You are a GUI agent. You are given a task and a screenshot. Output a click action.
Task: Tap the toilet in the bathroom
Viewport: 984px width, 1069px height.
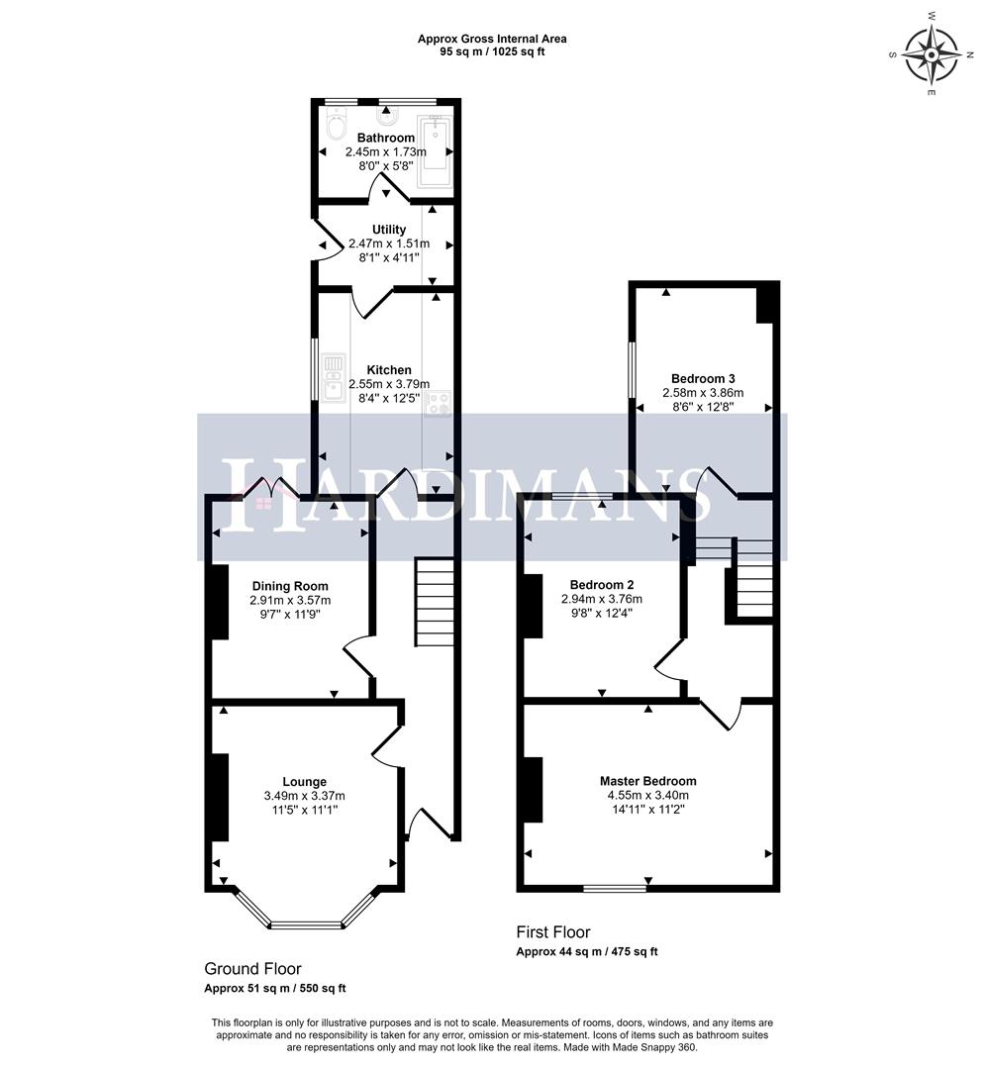[x=335, y=128]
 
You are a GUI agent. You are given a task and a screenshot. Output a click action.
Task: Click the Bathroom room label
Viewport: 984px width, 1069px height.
[x=385, y=138]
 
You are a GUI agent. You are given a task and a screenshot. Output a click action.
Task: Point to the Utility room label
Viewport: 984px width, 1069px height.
[x=388, y=230]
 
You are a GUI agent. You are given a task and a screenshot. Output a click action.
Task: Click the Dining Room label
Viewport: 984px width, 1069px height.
[x=289, y=586]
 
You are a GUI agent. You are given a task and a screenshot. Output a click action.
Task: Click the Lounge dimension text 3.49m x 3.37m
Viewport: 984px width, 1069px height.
[x=303, y=796]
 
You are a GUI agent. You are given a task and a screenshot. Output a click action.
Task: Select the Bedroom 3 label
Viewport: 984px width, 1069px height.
[x=702, y=378]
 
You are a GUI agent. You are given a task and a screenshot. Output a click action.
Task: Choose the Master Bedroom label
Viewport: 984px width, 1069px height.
[x=647, y=780]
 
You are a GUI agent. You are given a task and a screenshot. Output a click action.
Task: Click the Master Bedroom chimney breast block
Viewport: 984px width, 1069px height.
[x=532, y=789]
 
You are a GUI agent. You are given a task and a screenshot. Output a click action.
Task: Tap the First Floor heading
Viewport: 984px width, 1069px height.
[x=552, y=931]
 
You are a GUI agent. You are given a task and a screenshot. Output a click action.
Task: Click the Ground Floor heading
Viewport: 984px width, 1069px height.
[x=252, y=968]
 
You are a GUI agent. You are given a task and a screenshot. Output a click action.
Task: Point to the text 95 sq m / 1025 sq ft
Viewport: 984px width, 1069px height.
[x=492, y=51]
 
